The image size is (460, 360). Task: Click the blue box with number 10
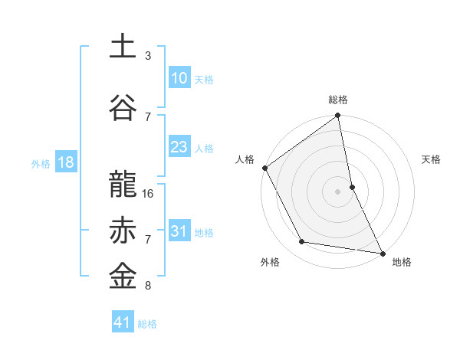[x=179, y=78]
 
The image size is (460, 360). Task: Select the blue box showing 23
[x=179, y=148]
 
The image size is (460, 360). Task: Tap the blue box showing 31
[x=179, y=231]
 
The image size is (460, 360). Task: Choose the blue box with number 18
[x=65, y=162]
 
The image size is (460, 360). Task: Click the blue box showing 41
[x=123, y=322]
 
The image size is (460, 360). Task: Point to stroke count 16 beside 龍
[x=149, y=194]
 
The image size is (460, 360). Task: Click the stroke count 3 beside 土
[x=148, y=56]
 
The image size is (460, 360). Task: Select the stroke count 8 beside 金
[x=148, y=286]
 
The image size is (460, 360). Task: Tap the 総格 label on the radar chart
[x=338, y=100]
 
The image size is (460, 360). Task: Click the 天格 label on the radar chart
[x=431, y=159]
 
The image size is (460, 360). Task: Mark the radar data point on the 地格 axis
[x=382, y=252]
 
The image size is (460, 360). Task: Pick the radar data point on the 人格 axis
[x=264, y=168]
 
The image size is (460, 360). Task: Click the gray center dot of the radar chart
[x=338, y=191]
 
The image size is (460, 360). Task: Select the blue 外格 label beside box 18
[x=41, y=163]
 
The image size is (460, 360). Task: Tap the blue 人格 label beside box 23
[x=204, y=149]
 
